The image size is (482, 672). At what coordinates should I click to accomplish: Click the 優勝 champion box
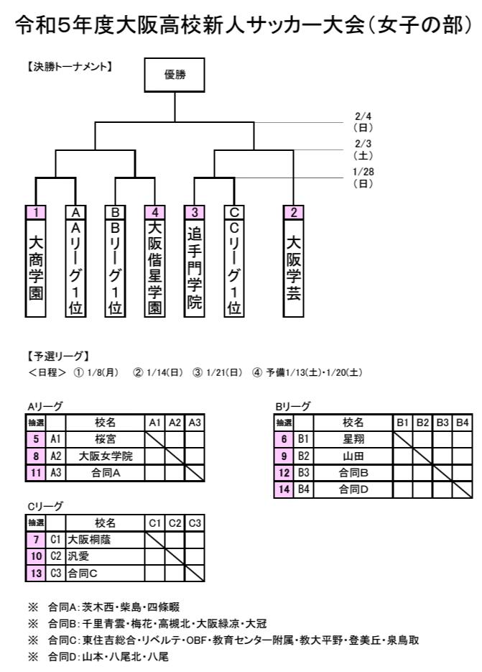tap(175, 75)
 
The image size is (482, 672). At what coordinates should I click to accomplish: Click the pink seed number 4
tap(154, 212)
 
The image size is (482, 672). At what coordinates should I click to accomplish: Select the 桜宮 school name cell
tap(106, 439)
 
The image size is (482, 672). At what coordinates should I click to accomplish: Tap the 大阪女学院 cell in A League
tap(106, 456)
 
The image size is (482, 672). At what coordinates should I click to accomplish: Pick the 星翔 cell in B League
tap(353, 439)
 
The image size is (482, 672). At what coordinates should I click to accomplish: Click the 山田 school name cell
tap(353, 456)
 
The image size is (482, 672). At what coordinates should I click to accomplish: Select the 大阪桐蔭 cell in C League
tap(106, 539)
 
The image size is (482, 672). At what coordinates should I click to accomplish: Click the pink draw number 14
tap(284, 489)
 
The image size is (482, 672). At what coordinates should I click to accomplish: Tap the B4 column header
tap(463, 423)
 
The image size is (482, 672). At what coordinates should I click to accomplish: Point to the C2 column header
tap(175, 523)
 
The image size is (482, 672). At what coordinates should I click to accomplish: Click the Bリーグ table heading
tap(292, 406)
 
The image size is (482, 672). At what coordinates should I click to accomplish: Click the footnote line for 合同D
tap(98, 656)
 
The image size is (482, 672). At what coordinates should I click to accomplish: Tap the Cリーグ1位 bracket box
tap(234, 262)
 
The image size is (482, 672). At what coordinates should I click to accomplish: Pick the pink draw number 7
tap(36, 539)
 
